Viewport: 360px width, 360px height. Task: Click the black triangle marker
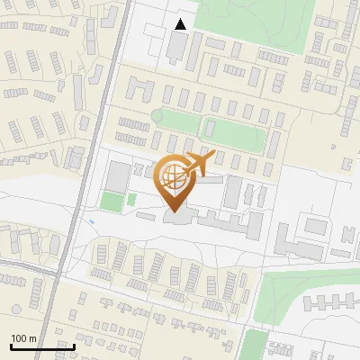tap(181, 24)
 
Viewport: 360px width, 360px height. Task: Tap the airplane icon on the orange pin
tap(200, 163)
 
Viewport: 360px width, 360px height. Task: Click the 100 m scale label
tap(23, 337)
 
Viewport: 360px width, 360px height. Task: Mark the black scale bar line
tap(42, 346)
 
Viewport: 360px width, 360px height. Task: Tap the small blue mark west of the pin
tap(92, 220)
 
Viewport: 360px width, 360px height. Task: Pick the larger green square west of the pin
tap(111, 201)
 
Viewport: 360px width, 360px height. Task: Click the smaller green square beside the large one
tap(131, 199)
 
